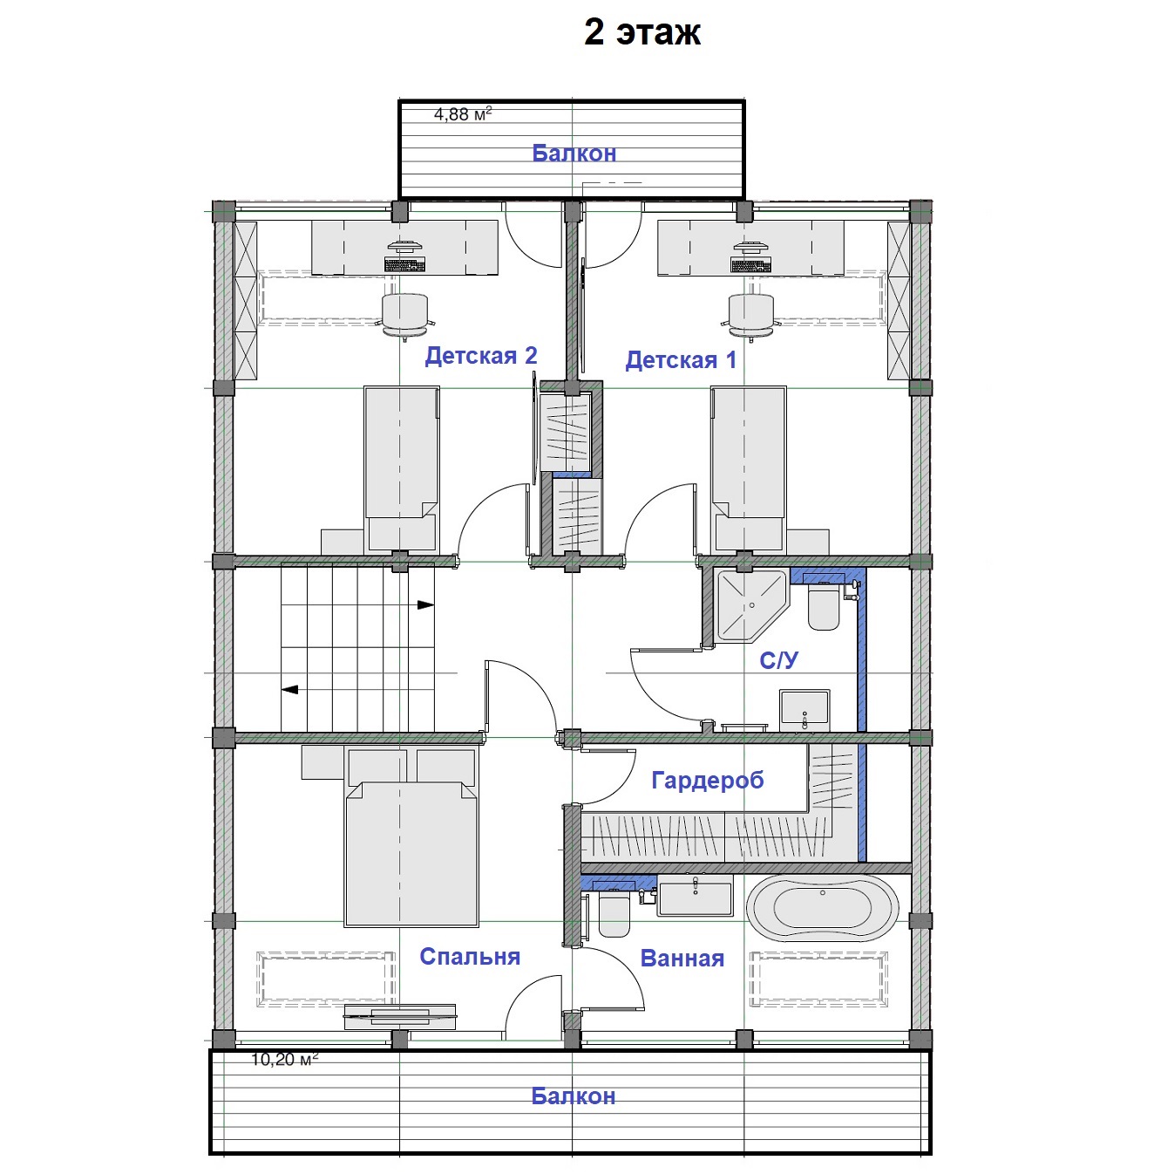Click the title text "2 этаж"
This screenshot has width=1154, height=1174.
[x=642, y=31]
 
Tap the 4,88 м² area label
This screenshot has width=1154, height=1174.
[x=463, y=114]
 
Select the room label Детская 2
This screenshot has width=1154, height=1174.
[x=481, y=355]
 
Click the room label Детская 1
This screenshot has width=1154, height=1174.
[x=681, y=360]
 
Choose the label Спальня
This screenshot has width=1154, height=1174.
[x=470, y=957]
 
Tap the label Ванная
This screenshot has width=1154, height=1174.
[x=682, y=959]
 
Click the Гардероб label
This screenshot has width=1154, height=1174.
[x=708, y=781]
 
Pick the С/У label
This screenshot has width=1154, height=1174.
[x=779, y=660]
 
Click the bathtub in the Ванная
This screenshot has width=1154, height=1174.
[x=823, y=911]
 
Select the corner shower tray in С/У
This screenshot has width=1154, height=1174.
[x=753, y=606]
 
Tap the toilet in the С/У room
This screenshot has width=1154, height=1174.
[x=824, y=606]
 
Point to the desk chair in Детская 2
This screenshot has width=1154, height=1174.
[x=405, y=315]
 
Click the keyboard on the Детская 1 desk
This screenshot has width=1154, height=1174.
[x=750, y=266]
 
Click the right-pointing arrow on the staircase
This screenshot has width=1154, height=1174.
[x=425, y=605]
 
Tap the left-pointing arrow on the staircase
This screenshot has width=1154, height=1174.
[x=290, y=690]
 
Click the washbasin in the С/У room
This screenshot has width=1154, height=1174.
[x=804, y=710]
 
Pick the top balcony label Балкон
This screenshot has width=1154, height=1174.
[x=574, y=153]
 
